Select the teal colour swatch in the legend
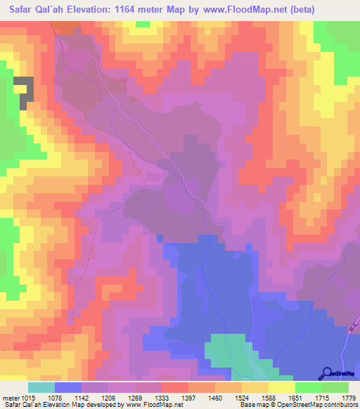click(41, 387)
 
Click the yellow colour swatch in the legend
click(282, 387)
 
